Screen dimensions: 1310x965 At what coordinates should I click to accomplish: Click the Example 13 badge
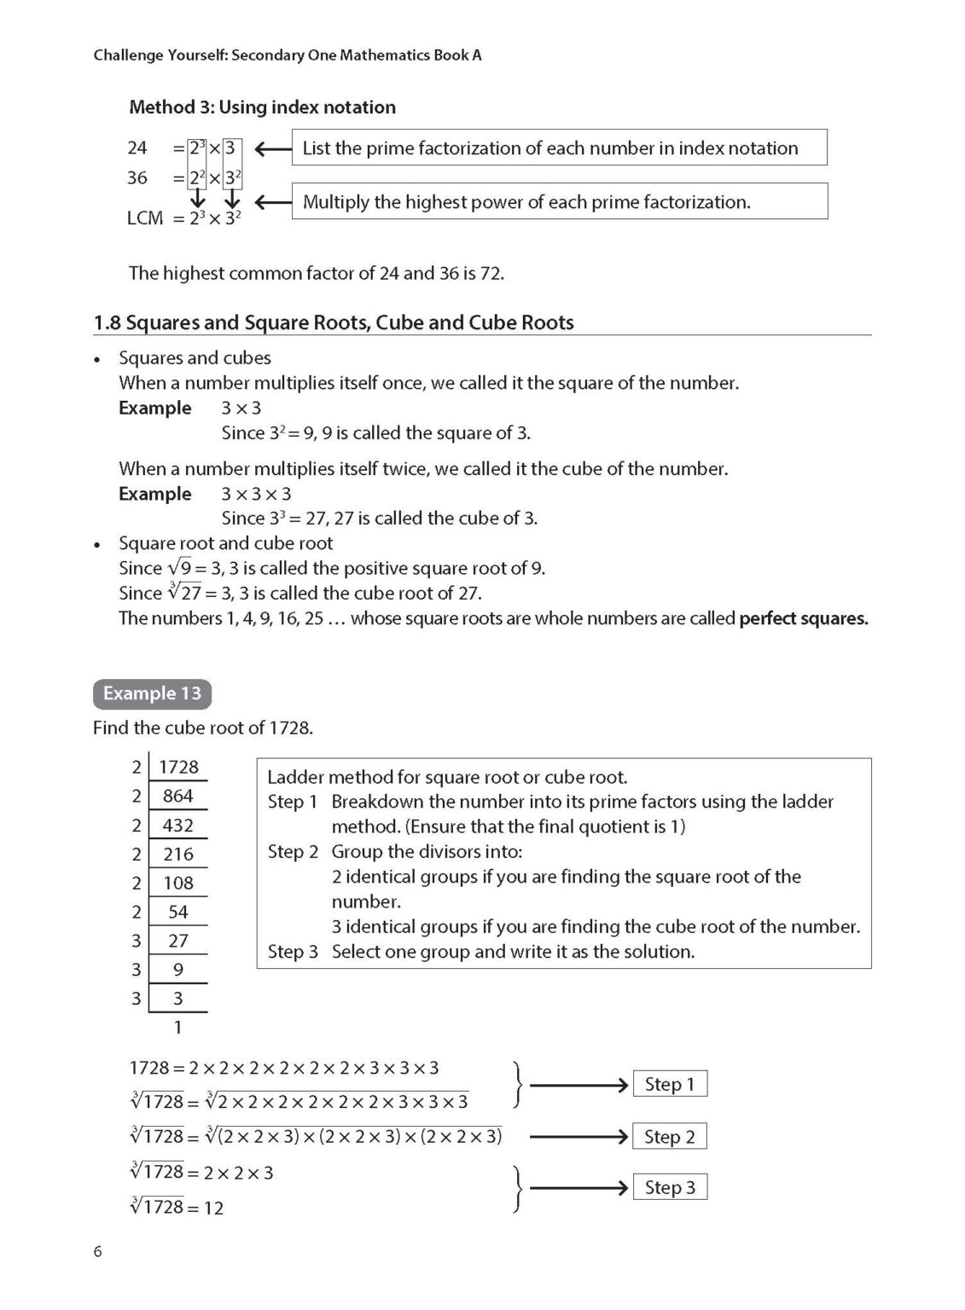152,693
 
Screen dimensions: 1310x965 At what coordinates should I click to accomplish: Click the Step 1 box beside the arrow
670,1084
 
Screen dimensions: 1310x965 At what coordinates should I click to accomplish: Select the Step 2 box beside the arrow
670,1137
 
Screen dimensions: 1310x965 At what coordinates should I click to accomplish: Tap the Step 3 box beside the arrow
670,1187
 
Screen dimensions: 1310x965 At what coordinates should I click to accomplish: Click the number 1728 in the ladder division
178,767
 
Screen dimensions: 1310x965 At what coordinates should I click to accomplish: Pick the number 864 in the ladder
178,796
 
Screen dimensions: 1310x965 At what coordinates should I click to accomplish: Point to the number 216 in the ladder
178,854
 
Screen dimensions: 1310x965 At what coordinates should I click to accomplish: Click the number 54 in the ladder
178,912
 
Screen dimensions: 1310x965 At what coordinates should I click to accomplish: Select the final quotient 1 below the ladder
178,1028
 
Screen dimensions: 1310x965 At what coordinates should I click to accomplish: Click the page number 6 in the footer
97,1251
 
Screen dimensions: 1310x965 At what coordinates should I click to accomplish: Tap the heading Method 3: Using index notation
262,107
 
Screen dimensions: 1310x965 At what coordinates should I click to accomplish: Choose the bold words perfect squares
803,618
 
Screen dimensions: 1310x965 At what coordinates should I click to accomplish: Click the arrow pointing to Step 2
578,1137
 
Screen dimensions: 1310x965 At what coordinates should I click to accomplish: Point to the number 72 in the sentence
491,273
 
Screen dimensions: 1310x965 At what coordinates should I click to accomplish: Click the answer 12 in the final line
213,1208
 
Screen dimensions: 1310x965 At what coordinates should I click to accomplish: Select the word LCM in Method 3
145,218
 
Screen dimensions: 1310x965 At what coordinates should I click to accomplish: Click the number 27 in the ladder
178,941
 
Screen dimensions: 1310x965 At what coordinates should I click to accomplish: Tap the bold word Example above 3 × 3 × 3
154,494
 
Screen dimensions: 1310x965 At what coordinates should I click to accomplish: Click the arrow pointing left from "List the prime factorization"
272,149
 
